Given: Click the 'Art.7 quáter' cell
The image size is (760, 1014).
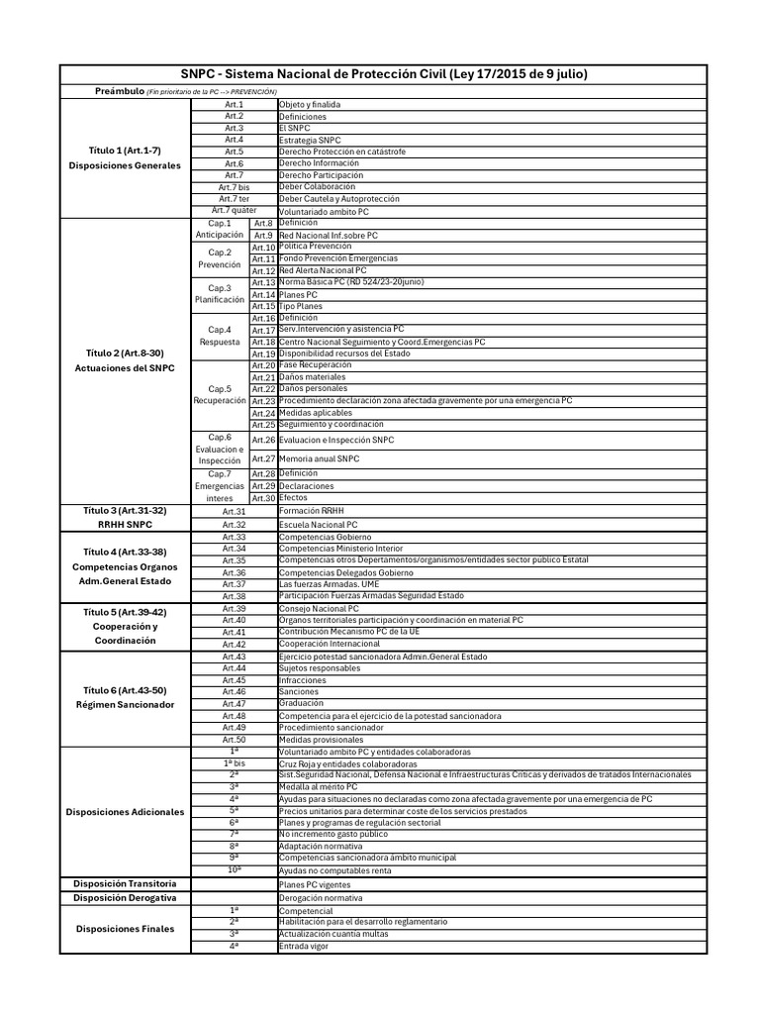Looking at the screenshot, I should coord(234,210).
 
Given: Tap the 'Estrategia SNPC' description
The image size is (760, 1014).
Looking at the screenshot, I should coord(310,140).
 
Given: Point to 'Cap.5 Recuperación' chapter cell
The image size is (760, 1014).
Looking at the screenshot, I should coord(220,395).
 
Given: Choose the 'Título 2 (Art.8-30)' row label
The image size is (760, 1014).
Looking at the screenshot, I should coord(125,353).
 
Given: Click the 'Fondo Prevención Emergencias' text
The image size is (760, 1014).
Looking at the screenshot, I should coord(338,258).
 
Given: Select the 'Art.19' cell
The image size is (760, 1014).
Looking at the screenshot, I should coord(262,354).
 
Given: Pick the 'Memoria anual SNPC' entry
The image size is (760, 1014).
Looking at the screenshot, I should coord(319,458).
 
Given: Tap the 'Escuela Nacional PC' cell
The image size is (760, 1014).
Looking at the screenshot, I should coord(318,524).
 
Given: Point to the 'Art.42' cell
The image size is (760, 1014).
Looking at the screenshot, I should coord(234,644).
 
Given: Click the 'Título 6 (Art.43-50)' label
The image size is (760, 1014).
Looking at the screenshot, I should coord(125,689).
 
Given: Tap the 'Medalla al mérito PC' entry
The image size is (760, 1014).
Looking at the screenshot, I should coord(320,786).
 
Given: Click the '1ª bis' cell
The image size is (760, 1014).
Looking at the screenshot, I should coord(234,763).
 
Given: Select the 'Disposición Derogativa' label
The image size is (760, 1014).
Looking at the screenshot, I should coord(125,897).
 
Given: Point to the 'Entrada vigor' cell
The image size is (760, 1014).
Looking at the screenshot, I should coord(305,946).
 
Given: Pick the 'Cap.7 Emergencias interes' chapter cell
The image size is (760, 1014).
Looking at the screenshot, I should coord(220,485).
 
